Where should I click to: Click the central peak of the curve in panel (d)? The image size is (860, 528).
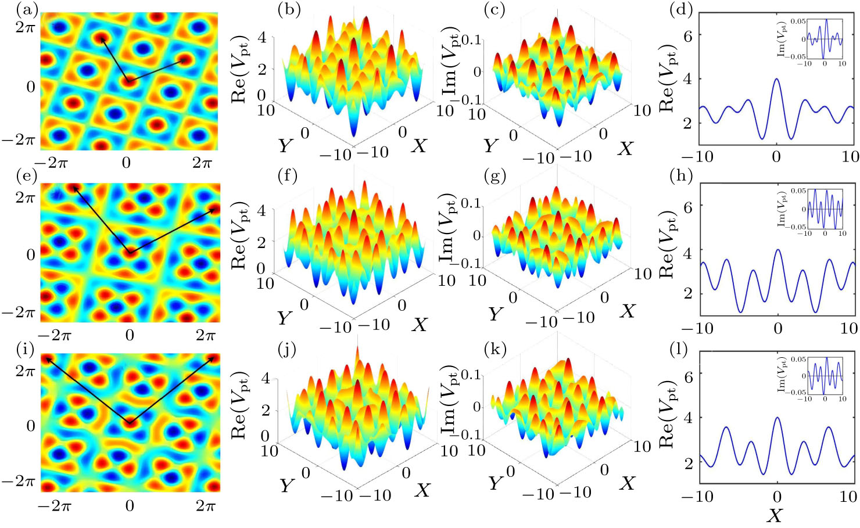click(x=777, y=79)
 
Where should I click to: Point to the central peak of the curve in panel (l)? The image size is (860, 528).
click(x=777, y=418)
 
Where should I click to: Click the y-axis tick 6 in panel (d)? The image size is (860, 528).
click(x=688, y=35)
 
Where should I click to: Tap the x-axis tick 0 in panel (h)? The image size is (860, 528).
click(x=777, y=328)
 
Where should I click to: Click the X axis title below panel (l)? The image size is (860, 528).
click(x=774, y=515)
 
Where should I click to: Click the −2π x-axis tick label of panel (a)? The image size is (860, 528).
click(x=51, y=163)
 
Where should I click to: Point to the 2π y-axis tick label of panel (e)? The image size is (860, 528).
click(x=25, y=197)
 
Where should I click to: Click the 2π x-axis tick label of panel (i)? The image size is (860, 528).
click(x=205, y=506)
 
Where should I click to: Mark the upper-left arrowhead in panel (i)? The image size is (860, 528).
click(x=47, y=358)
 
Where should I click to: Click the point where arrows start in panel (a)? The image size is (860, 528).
click(x=128, y=81)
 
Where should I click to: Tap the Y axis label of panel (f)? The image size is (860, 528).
click(x=284, y=318)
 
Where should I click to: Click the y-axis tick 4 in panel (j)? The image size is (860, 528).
click(x=266, y=378)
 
